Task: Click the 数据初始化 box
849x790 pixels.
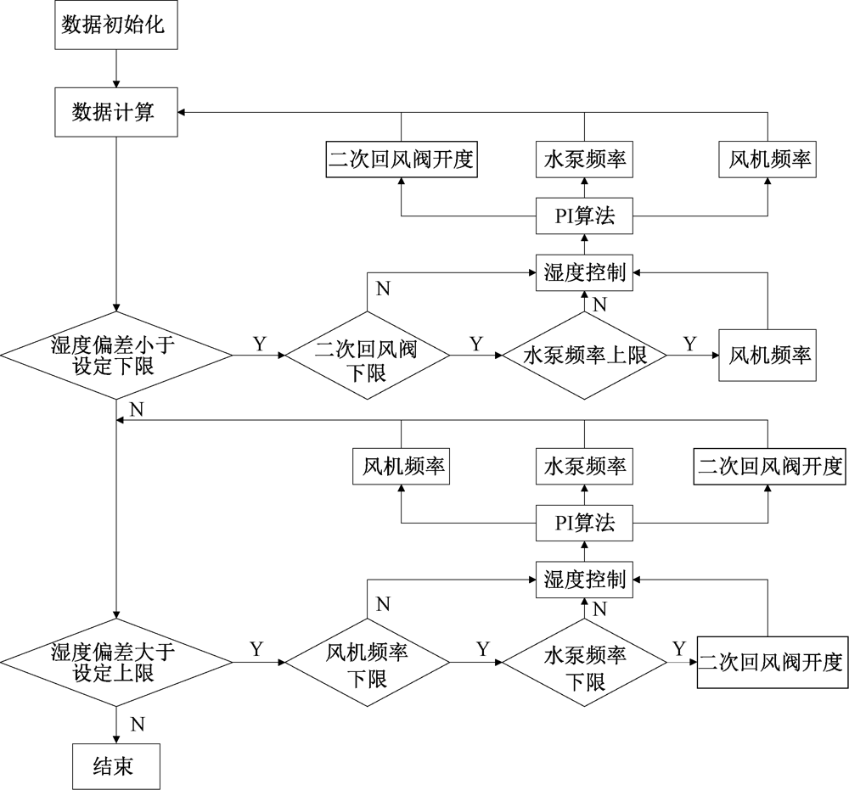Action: click(117, 25)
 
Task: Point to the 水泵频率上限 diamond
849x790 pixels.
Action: click(584, 356)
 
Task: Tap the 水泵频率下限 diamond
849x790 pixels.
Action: click(584, 662)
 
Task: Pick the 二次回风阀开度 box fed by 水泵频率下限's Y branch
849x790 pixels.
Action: click(771, 662)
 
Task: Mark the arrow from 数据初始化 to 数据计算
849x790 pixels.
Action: click(116, 70)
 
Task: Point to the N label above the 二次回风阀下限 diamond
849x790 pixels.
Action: click(384, 289)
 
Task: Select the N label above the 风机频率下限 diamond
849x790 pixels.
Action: click(384, 604)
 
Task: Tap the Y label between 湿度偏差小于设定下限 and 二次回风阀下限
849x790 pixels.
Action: click(260, 345)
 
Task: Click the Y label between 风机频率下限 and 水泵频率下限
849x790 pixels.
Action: click(482, 650)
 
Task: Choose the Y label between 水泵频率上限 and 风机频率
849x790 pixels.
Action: click(689, 345)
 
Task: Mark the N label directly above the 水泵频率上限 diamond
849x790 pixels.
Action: click(599, 303)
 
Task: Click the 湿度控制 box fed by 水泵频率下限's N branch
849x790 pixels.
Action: click(584, 580)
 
